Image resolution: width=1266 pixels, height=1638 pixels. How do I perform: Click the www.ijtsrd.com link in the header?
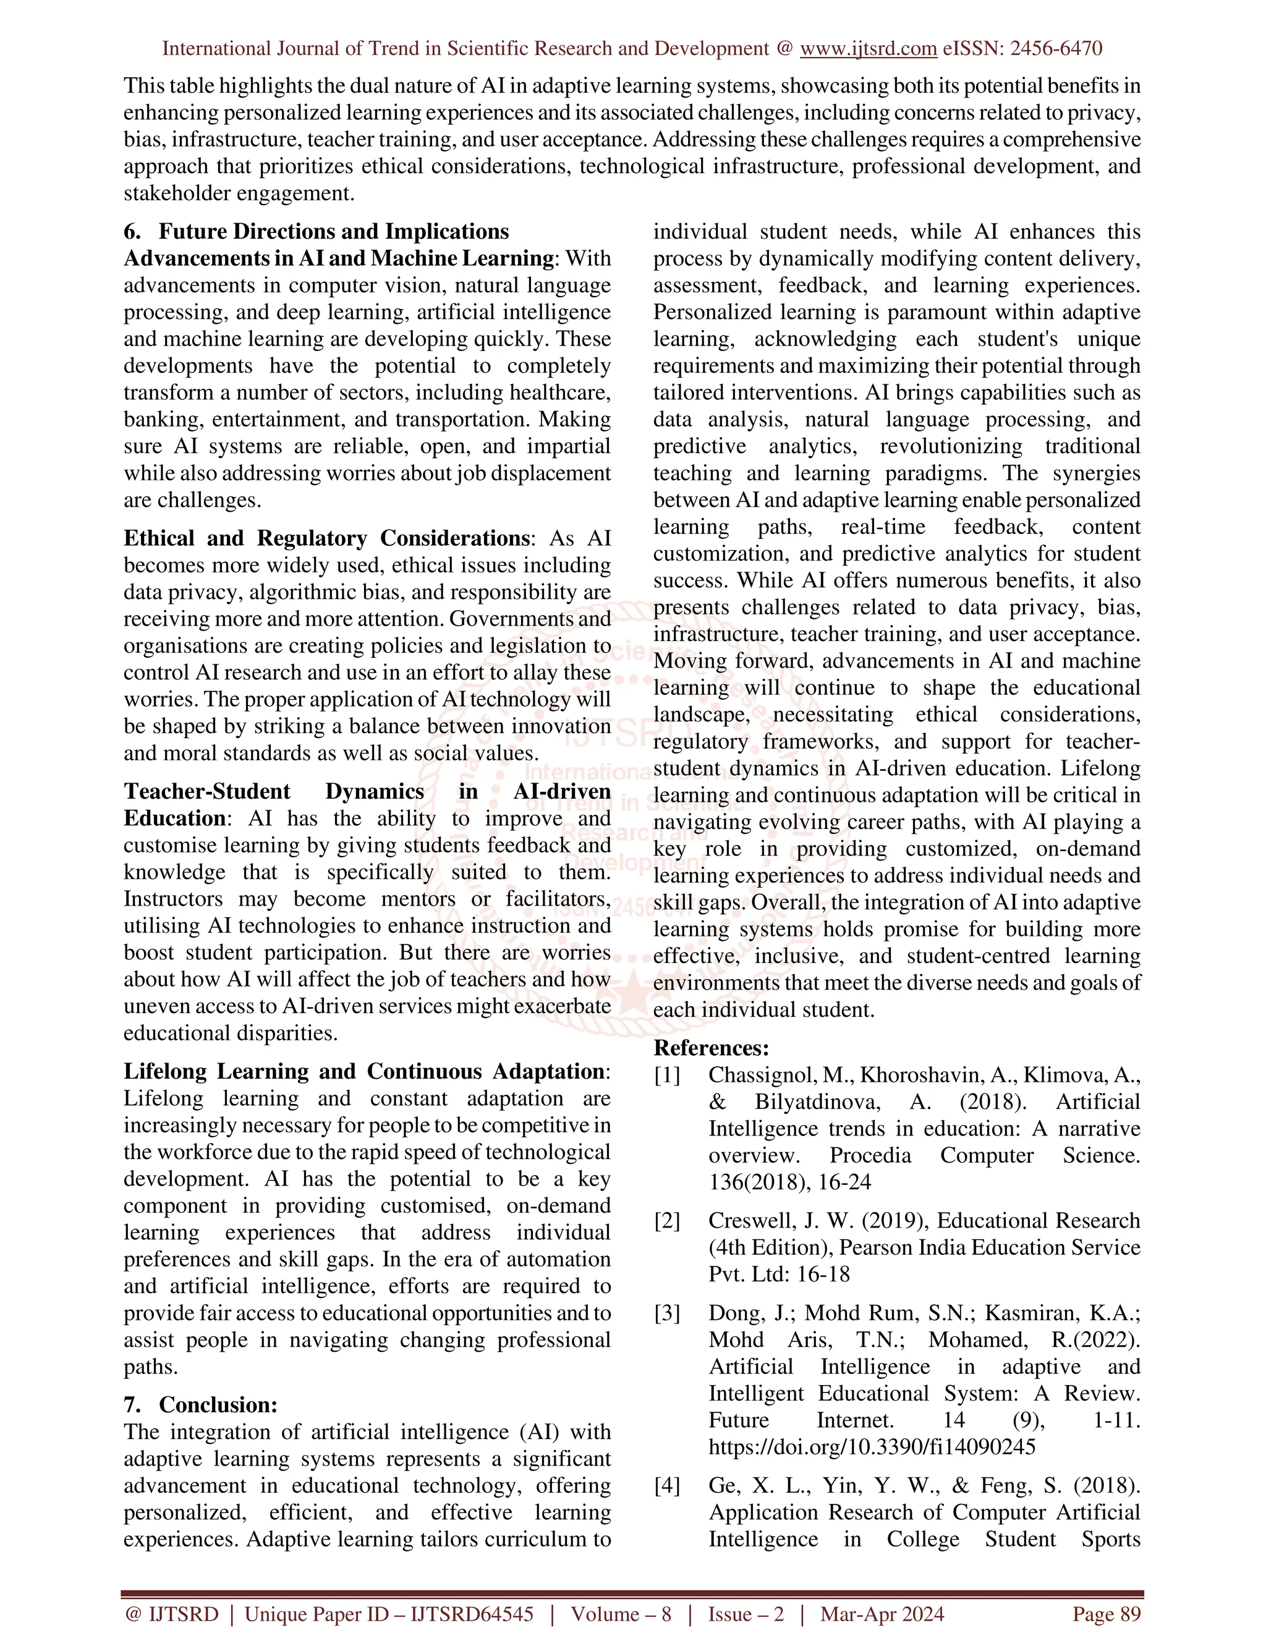click(x=868, y=49)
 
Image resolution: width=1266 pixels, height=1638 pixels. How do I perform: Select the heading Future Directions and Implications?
click(x=334, y=231)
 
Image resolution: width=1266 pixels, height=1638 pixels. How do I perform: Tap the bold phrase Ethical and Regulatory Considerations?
click(x=327, y=538)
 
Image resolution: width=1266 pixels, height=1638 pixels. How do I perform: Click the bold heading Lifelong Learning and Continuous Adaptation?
click(x=365, y=1071)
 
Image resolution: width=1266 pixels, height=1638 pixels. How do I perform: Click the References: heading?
click(x=711, y=1048)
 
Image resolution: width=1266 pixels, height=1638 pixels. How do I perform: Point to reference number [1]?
click(x=667, y=1075)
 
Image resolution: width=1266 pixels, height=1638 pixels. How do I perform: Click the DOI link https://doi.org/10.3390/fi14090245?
click(x=872, y=1447)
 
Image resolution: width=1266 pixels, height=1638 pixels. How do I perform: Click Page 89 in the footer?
click(x=1107, y=1614)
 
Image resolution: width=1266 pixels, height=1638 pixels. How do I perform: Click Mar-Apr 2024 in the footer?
click(x=882, y=1614)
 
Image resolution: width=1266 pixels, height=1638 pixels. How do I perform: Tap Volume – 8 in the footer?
click(x=621, y=1614)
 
